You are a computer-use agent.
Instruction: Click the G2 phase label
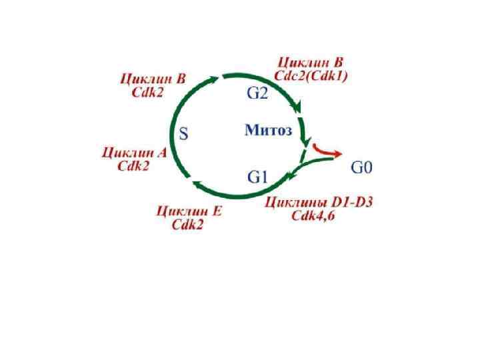pyautogui.click(x=257, y=93)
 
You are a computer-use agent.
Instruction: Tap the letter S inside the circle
pyautogui.click(x=185, y=134)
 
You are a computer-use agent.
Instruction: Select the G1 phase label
pyautogui.click(x=257, y=177)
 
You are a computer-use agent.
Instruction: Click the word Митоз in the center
pyautogui.click(x=268, y=131)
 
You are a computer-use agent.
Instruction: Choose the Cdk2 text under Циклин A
pyautogui.click(x=134, y=166)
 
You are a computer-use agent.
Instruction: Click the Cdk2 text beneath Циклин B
pyautogui.click(x=147, y=93)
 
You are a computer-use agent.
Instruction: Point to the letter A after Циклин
pyautogui.click(x=160, y=153)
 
